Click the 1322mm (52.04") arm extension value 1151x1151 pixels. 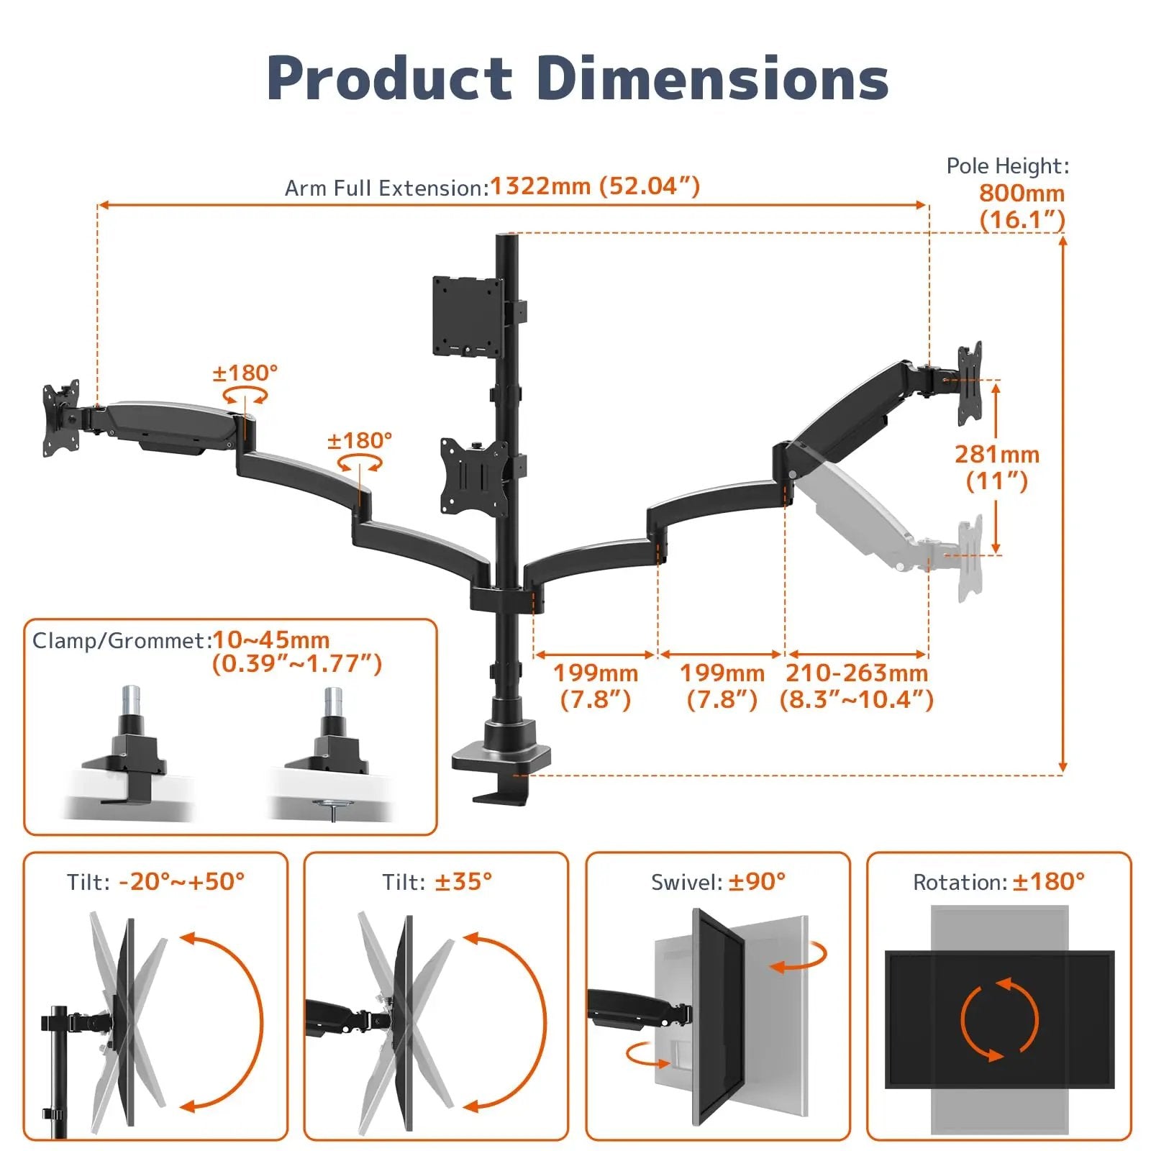(594, 186)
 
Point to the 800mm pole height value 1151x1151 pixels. (1021, 193)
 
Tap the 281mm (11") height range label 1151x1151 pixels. (996, 467)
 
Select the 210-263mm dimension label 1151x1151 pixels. (856, 673)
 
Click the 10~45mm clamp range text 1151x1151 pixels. (271, 640)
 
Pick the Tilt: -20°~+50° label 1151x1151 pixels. (156, 881)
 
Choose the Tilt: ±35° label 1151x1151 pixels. (437, 881)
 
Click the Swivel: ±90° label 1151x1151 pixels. (718, 881)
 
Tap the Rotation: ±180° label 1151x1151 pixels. (998, 881)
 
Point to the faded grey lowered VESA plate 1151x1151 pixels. (970, 558)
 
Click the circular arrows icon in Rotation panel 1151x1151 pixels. (999, 1018)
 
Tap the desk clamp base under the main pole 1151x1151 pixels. (501, 759)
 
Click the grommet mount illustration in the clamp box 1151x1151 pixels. (332, 763)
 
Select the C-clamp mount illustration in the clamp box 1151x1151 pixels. (129, 763)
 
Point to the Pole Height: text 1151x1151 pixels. (1007, 166)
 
